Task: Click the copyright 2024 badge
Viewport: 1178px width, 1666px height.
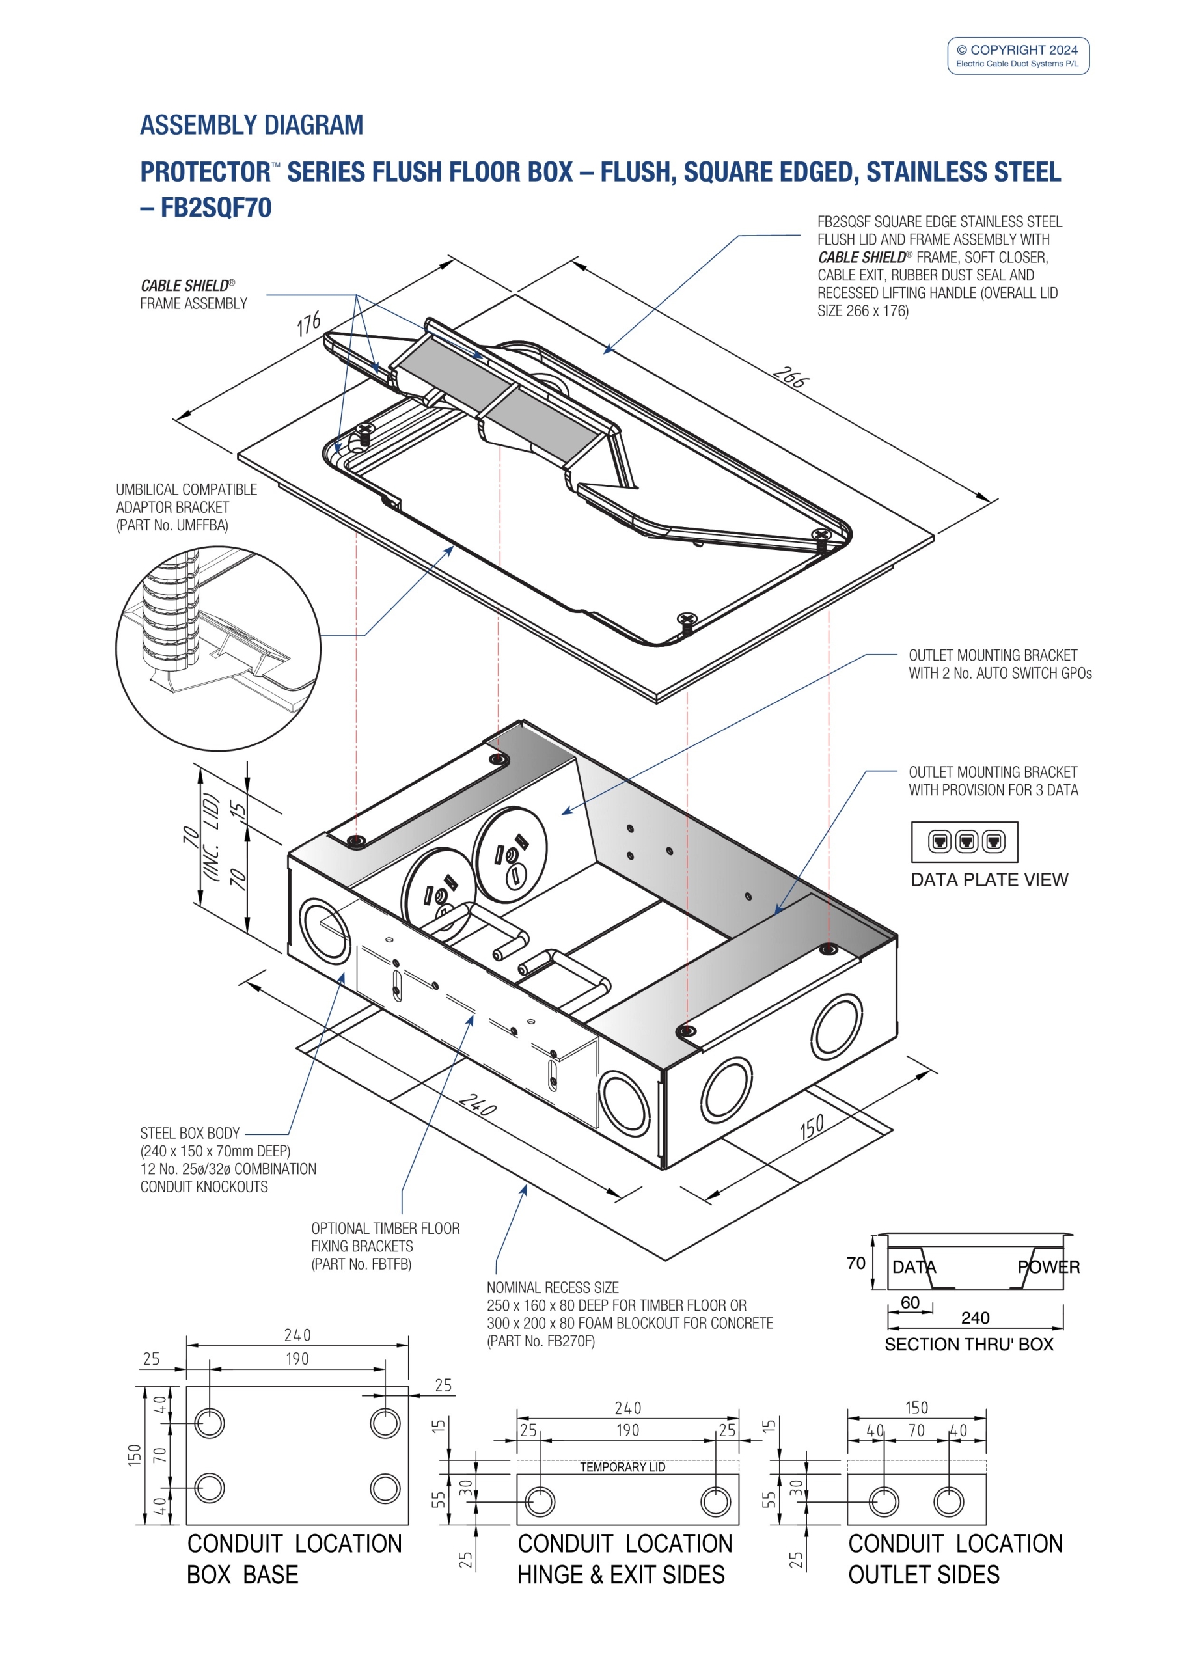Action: [1018, 55]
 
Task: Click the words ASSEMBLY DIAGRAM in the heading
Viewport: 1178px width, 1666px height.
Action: [251, 125]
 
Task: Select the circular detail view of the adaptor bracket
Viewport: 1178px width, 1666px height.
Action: [218, 648]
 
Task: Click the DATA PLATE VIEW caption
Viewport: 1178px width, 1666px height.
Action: [989, 879]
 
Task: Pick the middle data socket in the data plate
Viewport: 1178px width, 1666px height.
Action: [966, 841]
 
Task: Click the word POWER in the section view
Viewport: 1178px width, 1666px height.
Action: [1048, 1267]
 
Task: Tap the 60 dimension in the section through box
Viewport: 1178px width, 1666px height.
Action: [910, 1302]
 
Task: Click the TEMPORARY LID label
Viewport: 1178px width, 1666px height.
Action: [622, 1467]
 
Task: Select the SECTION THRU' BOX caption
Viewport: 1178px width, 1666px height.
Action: [968, 1345]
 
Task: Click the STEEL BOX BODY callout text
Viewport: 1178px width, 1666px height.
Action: [190, 1134]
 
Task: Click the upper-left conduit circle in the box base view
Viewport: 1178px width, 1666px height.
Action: [210, 1423]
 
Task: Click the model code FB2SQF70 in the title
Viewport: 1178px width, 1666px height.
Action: [215, 208]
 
